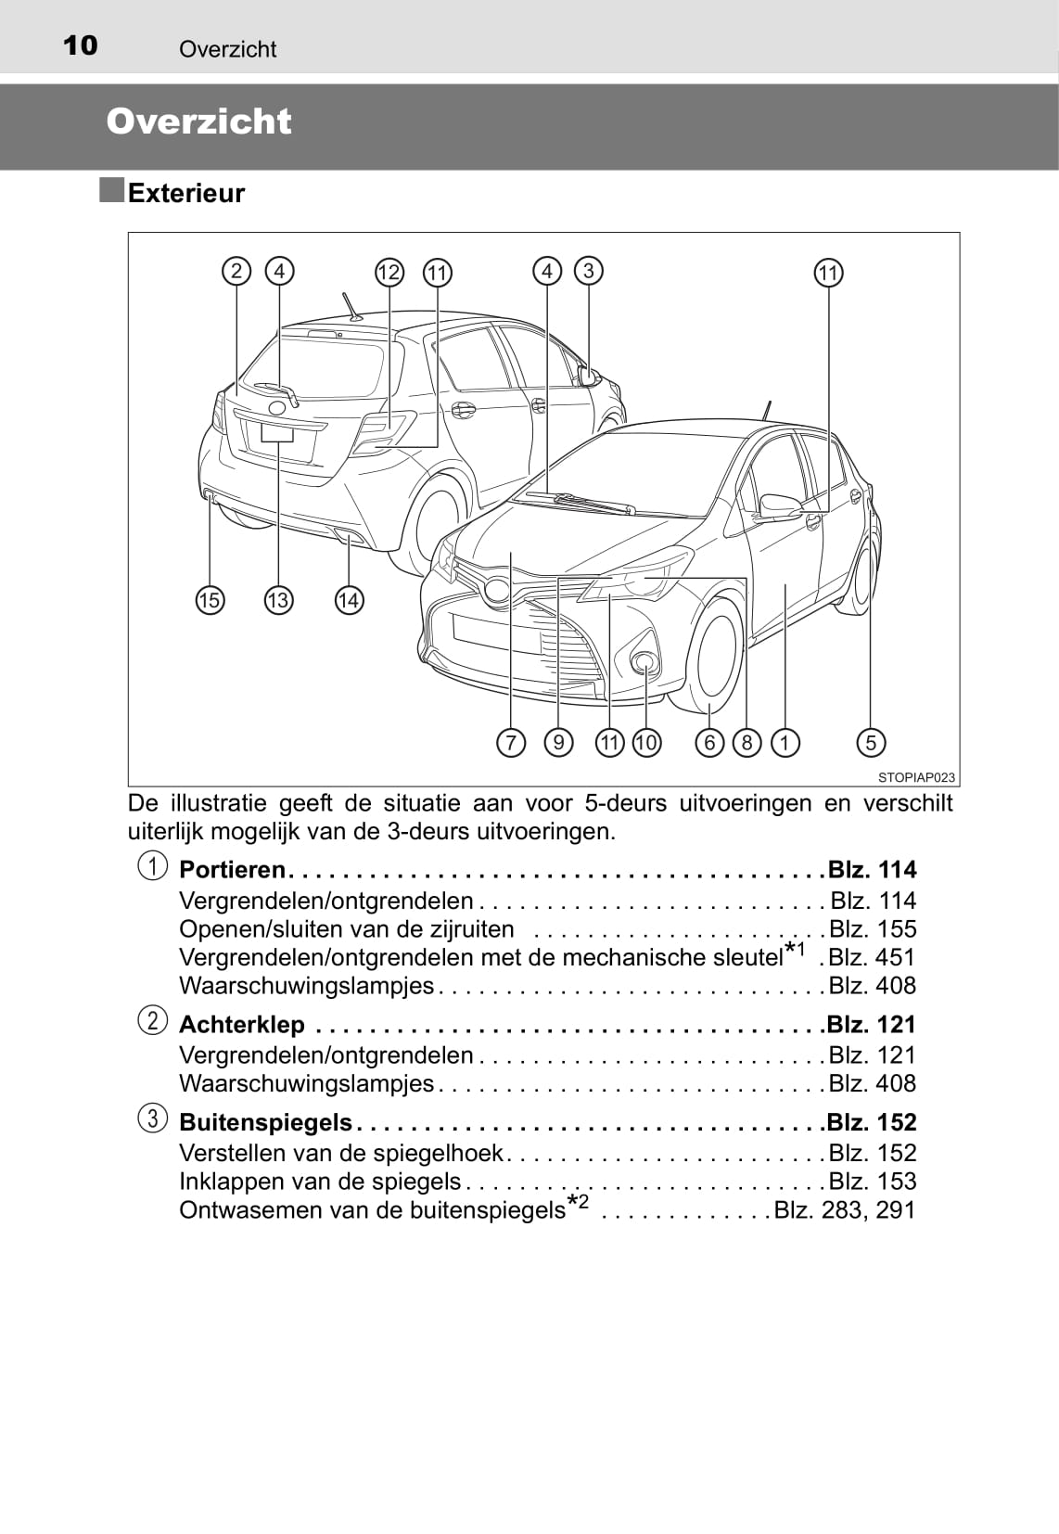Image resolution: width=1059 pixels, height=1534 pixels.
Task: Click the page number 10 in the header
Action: [x=80, y=45]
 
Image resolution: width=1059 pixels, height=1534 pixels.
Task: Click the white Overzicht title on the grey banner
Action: [x=198, y=121]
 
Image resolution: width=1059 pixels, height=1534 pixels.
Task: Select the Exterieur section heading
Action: [x=185, y=193]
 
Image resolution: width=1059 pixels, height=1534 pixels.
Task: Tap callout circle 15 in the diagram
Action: [x=210, y=600]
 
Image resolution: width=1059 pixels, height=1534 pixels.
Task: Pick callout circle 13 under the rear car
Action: [x=278, y=600]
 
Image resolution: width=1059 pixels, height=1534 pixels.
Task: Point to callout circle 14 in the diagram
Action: [x=349, y=600]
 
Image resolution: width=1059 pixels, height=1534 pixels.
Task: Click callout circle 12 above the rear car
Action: [x=389, y=273]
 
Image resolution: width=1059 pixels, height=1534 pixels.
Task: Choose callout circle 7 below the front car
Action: [x=511, y=742]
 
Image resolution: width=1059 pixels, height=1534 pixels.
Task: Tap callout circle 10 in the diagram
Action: [x=646, y=742]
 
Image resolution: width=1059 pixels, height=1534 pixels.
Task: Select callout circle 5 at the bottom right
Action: [x=871, y=742]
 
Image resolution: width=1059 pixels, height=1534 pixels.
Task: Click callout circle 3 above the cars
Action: [x=588, y=271]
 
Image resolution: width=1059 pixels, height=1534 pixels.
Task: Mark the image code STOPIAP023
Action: [x=916, y=777]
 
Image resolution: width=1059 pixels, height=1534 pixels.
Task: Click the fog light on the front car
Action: [x=644, y=661]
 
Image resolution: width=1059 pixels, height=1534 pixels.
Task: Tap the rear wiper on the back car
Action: [x=278, y=392]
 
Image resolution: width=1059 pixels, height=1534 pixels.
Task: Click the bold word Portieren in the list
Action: [x=232, y=870]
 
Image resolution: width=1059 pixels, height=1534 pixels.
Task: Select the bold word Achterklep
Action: [x=241, y=1025]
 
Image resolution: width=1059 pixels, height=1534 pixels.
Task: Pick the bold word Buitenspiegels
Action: [x=265, y=1122]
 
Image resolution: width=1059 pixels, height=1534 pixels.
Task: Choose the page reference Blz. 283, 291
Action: [x=845, y=1210]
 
